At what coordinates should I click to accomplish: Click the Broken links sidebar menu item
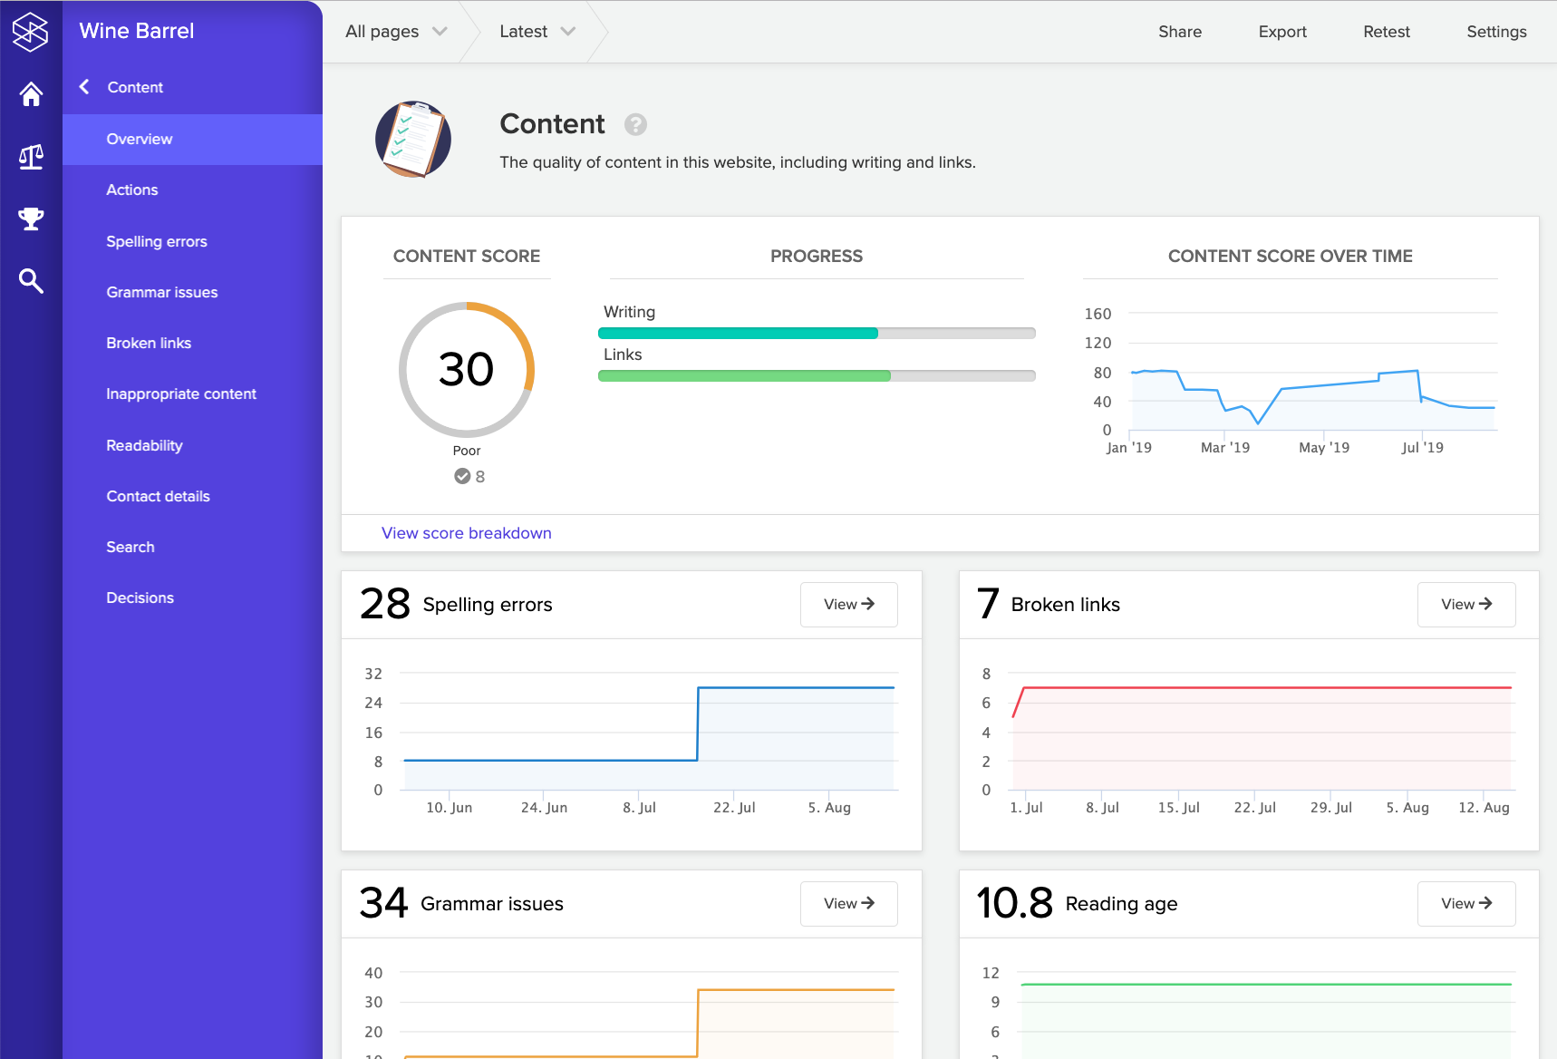click(149, 343)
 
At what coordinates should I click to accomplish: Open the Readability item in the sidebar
click(144, 445)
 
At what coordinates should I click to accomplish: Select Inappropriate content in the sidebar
click(181, 393)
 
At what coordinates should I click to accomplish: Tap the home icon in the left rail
click(31, 94)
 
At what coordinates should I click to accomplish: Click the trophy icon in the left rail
click(31, 219)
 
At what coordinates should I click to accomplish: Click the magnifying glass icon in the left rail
click(31, 281)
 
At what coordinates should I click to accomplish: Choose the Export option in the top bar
click(1282, 32)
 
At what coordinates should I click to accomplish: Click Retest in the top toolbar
click(1387, 32)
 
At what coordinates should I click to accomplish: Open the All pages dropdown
click(396, 32)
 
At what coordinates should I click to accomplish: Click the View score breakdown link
click(466, 533)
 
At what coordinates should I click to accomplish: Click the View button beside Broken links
click(1465, 605)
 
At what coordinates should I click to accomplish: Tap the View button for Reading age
click(1465, 904)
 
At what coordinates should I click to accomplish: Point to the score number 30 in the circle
click(466, 370)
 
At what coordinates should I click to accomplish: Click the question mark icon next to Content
click(635, 124)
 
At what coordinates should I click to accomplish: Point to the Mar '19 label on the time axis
click(1224, 448)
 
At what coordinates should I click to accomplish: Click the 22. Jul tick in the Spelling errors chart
click(733, 808)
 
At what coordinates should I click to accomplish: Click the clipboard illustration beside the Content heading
click(413, 139)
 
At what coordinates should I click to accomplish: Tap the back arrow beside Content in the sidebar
click(84, 87)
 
